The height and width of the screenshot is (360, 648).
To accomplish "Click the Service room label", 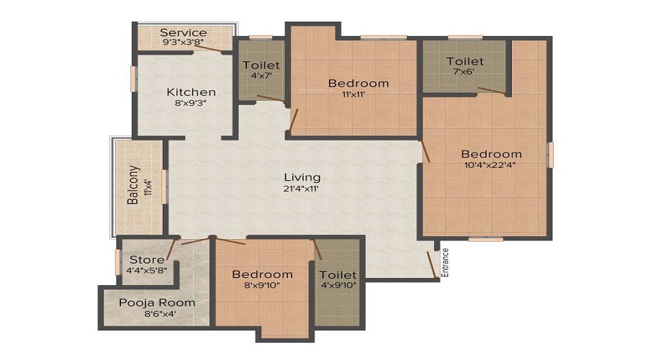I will tap(183, 32).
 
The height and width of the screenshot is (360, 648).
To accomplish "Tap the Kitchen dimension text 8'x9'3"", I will tap(191, 104).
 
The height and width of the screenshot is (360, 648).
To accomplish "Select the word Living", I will tap(302, 177).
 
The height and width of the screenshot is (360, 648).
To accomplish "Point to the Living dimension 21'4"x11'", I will tap(302, 189).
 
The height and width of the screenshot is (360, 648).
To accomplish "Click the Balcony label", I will tap(133, 186).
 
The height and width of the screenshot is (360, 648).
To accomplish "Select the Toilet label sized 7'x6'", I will tap(464, 61).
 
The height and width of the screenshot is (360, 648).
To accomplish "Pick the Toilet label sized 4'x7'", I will tap(261, 65).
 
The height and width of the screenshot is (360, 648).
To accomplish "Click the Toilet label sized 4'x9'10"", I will tap(338, 275).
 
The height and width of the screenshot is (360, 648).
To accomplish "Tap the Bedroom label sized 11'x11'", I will tap(358, 83).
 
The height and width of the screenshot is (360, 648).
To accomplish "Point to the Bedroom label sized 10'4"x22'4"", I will tap(491, 154).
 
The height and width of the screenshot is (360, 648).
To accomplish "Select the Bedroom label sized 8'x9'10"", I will tap(262, 274).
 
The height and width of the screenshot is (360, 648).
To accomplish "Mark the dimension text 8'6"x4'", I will tap(148, 313).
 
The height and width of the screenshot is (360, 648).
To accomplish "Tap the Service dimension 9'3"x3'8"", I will tap(183, 42).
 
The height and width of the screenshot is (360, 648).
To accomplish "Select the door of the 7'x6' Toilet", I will tap(491, 91).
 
